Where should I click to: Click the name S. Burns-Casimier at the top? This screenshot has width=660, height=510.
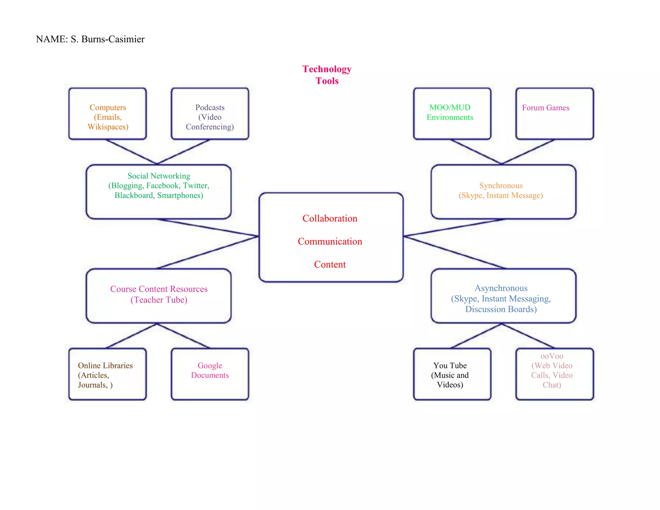[107, 39]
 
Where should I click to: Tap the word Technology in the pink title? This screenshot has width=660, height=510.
[326, 69]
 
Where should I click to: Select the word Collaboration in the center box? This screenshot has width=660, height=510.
[330, 219]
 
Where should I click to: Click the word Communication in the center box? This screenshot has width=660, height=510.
[330, 241]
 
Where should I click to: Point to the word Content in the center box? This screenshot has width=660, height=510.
[330, 265]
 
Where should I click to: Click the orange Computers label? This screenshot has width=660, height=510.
[108, 108]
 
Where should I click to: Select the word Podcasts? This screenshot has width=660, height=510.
[210, 108]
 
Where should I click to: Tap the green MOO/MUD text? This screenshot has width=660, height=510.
[450, 108]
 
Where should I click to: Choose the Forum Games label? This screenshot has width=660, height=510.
[545, 108]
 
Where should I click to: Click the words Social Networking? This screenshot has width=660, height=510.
[159, 176]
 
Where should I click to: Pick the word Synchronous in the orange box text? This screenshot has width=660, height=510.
[500, 186]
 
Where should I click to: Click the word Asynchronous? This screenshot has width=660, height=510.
[501, 288]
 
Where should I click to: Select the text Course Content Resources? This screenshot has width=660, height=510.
[159, 289]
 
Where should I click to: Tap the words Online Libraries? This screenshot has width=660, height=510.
[105, 366]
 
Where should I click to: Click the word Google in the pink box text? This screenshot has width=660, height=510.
[210, 366]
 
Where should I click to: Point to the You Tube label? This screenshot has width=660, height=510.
[450, 366]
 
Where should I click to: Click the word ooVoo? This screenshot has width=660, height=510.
[552, 356]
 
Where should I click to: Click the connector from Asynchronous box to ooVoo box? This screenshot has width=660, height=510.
[528, 336]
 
